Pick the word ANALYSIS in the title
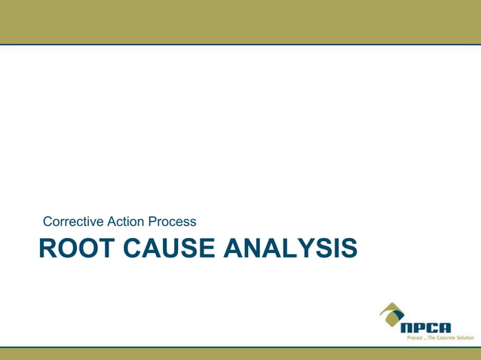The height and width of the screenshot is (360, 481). [x=290, y=248]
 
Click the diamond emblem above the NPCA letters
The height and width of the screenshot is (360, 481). [x=391, y=313]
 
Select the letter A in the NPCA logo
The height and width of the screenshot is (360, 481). [x=444, y=328]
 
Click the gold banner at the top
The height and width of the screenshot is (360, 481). [x=240, y=21]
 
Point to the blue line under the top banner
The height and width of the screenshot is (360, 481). [x=240, y=44]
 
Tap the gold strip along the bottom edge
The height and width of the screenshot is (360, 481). [x=240, y=354]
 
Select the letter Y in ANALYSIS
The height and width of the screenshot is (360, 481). [x=316, y=248]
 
